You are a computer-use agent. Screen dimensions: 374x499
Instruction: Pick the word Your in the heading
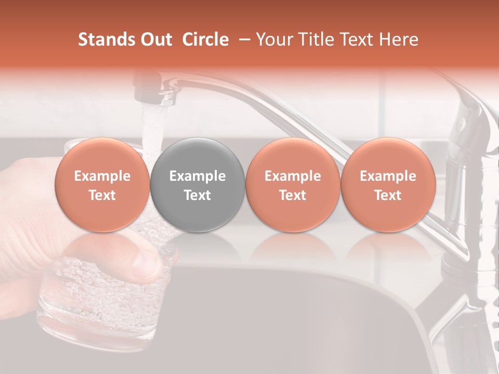tap(273, 39)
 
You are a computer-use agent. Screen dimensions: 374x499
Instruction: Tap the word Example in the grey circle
tap(198, 176)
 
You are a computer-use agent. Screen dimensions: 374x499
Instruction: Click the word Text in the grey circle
tap(198, 195)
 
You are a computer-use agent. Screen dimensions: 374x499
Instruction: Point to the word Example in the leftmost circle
tap(102, 176)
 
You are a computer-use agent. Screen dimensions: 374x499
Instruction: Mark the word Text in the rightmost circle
tap(388, 195)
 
